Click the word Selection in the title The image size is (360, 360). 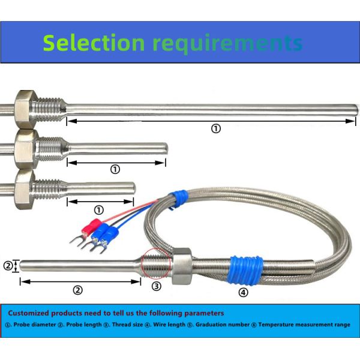pyautogui.click(x=94, y=43)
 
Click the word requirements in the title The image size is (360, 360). pyautogui.click(x=227, y=43)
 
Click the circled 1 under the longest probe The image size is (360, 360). pyautogui.click(x=216, y=128)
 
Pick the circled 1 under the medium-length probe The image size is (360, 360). pyautogui.click(x=115, y=170)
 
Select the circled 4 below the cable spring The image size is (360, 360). pyautogui.click(x=242, y=293)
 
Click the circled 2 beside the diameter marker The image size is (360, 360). pyautogui.click(x=8, y=265)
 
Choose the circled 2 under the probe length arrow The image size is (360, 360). pyautogui.click(x=77, y=290)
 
